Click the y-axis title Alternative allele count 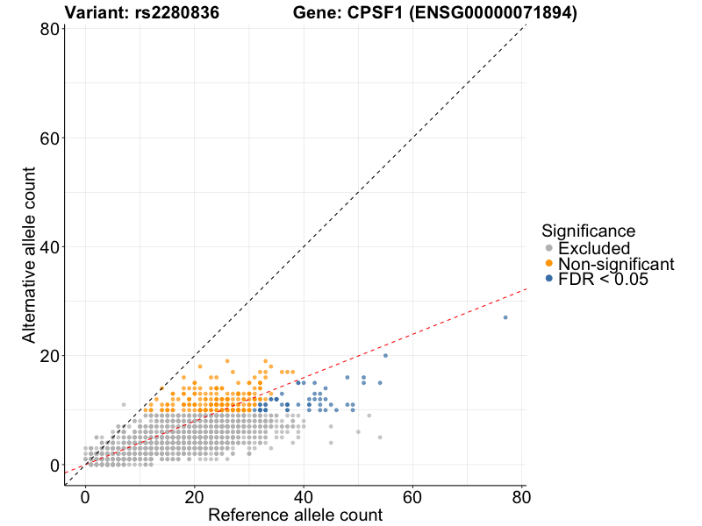tap(29, 256)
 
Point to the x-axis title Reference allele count tap(295, 515)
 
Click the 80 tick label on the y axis tap(49, 29)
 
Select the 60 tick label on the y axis tap(49, 139)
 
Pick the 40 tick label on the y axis tap(49, 247)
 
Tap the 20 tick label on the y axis tap(49, 356)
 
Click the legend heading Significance tap(588, 231)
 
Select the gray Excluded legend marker tap(549, 249)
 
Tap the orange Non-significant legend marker tap(549, 264)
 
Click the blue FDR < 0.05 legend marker tap(549, 279)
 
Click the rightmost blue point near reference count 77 tap(505, 317)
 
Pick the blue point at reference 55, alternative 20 tap(385, 355)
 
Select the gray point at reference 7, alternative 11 tap(124, 404)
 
